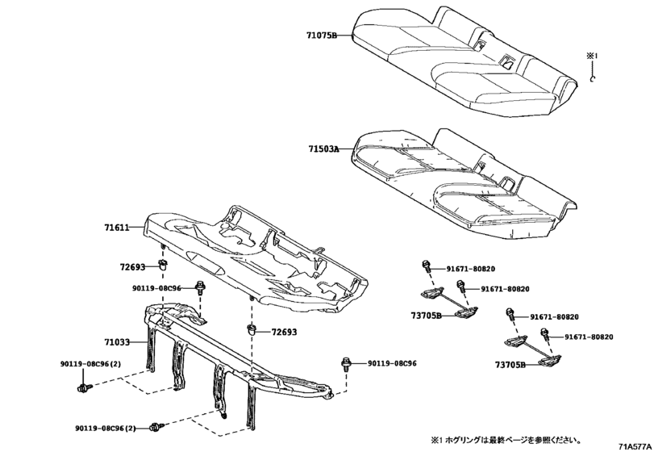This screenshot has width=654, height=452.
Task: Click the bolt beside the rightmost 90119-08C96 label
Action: (348, 364)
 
